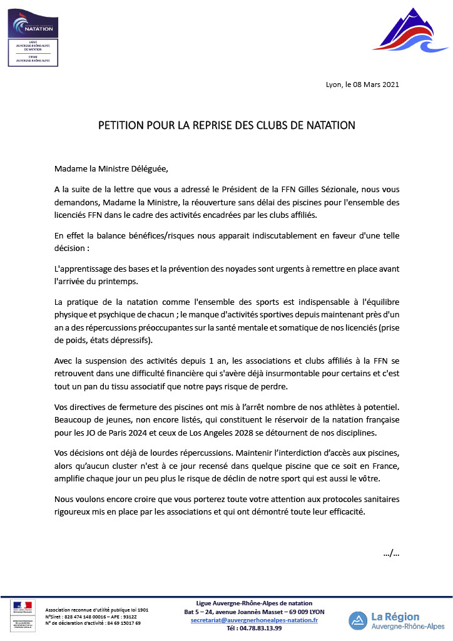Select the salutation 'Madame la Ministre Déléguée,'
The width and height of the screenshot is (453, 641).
111,168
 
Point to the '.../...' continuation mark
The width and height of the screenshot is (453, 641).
391,553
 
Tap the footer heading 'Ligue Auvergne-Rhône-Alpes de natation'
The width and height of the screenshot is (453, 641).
255,603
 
